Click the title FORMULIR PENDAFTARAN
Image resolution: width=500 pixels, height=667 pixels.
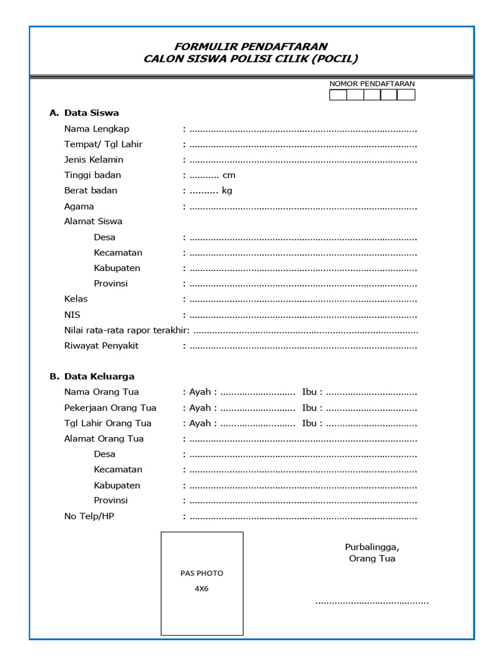point(251,46)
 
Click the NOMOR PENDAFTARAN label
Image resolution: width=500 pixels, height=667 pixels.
point(372,83)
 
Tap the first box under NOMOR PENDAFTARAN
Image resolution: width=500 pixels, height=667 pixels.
point(338,95)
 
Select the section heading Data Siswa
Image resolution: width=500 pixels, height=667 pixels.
point(91,113)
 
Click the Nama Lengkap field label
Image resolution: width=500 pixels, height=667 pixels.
point(96,128)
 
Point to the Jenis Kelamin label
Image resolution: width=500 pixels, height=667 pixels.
point(94,160)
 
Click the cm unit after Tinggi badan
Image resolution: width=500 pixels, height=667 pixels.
point(229,175)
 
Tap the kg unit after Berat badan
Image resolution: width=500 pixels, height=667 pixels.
point(227,191)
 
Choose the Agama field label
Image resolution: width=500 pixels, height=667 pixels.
point(79,206)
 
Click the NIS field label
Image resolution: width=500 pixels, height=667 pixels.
point(72,315)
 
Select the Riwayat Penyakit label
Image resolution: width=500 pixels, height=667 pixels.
point(101,346)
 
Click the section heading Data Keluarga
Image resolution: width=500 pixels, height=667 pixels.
point(99,376)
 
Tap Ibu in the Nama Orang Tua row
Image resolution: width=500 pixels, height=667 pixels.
point(310,392)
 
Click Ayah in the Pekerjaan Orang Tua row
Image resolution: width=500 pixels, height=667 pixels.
point(200,408)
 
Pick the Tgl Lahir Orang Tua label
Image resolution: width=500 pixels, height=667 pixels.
point(107,423)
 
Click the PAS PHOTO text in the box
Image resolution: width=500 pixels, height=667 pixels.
point(202,573)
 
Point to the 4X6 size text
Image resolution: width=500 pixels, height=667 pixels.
point(202,588)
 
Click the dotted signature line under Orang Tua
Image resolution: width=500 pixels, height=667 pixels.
point(372,603)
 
